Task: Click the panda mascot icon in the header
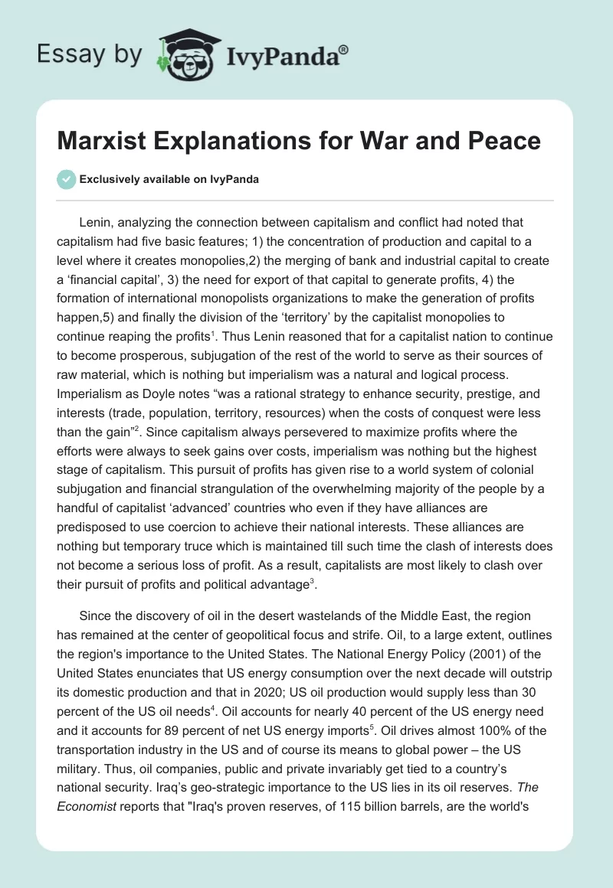coord(183,54)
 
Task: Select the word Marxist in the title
coord(109,141)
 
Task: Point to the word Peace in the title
coord(502,141)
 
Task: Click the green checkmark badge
coord(66,179)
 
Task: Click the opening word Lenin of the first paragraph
coord(96,223)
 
